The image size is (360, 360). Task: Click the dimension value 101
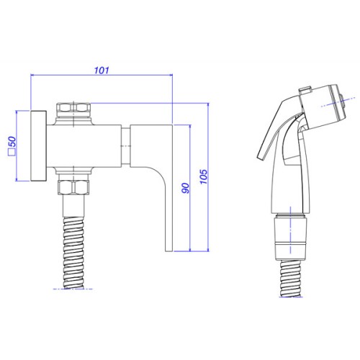(x=102, y=71)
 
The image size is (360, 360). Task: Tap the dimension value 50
(x=12, y=142)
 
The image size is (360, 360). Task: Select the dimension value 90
(x=185, y=188)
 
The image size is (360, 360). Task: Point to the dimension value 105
(x=204, y=176)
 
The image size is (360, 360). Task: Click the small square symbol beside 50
(x=12, y=153)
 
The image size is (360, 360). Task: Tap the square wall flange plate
(x=39, y=145)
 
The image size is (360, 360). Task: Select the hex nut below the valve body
(x=73, y=187)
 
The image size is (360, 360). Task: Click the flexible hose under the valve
(x=73, y=253)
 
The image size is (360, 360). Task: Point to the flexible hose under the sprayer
(x=291, y=279)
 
